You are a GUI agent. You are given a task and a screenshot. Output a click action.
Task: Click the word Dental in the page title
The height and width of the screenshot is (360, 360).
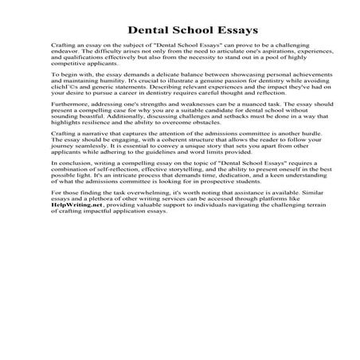pyautogui.click(x=147, y=30)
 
